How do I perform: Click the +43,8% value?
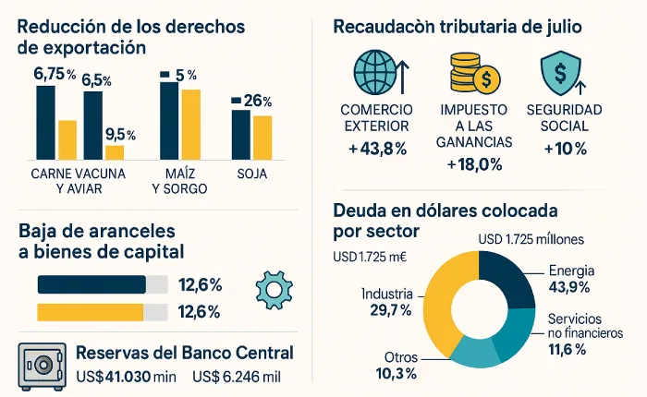[x=377, y=149]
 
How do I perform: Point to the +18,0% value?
[x=473, y=164]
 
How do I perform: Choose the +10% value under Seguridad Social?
[x=564, y=149]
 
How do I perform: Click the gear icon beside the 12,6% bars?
[x=274, y=289]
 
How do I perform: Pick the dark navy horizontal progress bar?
[x=91, y=283]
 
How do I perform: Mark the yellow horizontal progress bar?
[x=90, y=311]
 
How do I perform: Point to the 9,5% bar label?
[x=121, y=134]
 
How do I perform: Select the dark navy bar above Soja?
[x=240, y=134]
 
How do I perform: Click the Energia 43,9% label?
[x=570, y=279]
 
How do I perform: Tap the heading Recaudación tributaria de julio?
[x=458, y=28]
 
